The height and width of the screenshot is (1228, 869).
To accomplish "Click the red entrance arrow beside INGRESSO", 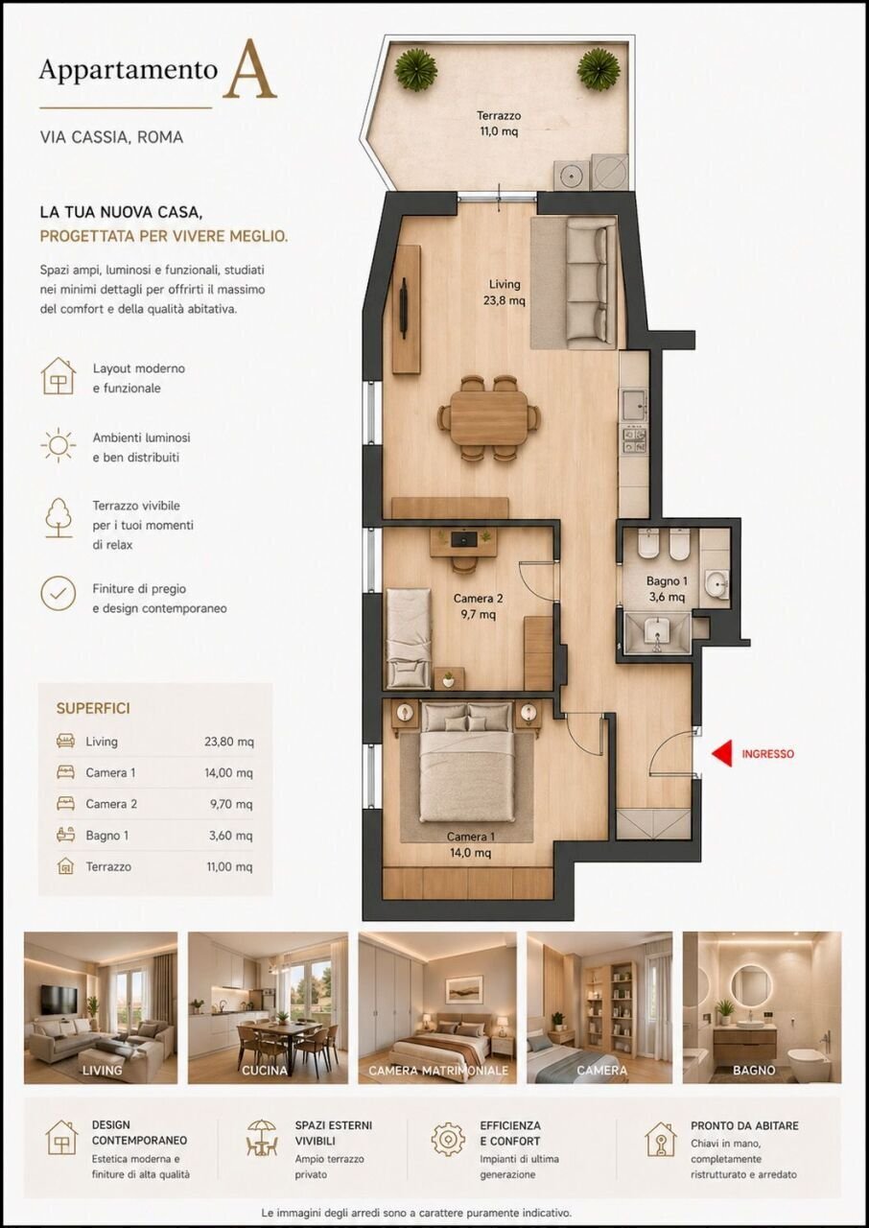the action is pyautogui.click(x=722, y=753).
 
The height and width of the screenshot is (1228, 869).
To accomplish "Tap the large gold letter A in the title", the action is pyautogui.click(x=249, y=70).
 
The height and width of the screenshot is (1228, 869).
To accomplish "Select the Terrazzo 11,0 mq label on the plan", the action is pyautogui.click(x=498, y=124).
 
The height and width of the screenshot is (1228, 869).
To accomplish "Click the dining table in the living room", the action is pyautogui.click(x=489, y=417).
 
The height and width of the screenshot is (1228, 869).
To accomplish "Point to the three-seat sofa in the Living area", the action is pyautogui.click(x=586, y=283).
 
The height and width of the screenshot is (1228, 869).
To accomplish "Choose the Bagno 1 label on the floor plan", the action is pyautogui.click(x=667, y=588).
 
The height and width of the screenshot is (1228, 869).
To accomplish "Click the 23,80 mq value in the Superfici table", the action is pyautogui.click(x=229, y=742).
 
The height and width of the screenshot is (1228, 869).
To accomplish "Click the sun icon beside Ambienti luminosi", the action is pyautogui.click(x=59, y=446).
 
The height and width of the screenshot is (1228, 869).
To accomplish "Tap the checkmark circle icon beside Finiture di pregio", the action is pyautogui.click(x=59, y=593).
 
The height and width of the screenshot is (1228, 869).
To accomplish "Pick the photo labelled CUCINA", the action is pyautogui.click(x=268, y=1007).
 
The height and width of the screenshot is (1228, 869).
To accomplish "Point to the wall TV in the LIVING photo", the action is pyautogui.click(x=59, y=999).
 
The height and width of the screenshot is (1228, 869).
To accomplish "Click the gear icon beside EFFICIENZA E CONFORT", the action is pyautogui.click(x=448, y=1139).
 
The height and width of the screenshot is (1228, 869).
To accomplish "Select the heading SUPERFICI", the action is pyautogui.click(x=93, y=708).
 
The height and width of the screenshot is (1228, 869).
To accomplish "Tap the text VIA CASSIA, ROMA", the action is pyautogui.click(x=111, y=137).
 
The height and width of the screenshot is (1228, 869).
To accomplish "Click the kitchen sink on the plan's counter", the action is pyautogui.click(x=633, y=406).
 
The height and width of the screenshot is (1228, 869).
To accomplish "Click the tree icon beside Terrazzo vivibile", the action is pyautogui.click(x=59, y=518).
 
